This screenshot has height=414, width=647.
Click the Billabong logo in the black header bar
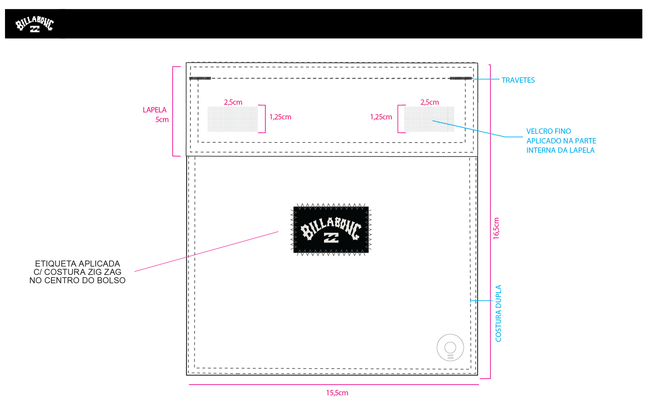pos(35,24)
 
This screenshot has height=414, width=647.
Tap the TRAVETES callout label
pos(518,80)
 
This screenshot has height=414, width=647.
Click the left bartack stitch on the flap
pos(200,78)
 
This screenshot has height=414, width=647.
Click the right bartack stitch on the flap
pos(461,78)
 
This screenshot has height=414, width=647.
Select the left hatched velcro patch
pos(233,119)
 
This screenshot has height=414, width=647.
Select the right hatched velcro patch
pos(429,119)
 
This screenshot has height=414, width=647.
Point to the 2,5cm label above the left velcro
pos(233,102)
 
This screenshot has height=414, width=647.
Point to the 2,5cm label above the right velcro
pos(430,102)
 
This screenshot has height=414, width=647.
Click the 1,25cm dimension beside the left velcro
pos(280,117)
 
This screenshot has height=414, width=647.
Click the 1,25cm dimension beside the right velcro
pos(381,117)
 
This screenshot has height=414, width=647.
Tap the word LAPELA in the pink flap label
pos(154,110)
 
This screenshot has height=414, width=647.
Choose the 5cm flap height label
pos(162,119)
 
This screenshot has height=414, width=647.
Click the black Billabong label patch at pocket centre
pos(331,230)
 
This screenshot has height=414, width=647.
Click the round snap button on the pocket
pos(450,347)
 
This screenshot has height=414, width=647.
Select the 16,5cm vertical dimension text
pos(496,229)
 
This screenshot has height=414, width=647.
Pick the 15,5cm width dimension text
pos(337,393)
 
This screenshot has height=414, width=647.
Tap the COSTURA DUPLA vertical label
pos(498,313)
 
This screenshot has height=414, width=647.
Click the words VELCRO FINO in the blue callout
pos(549,131)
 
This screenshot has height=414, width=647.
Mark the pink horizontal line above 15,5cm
pos(334,385)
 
